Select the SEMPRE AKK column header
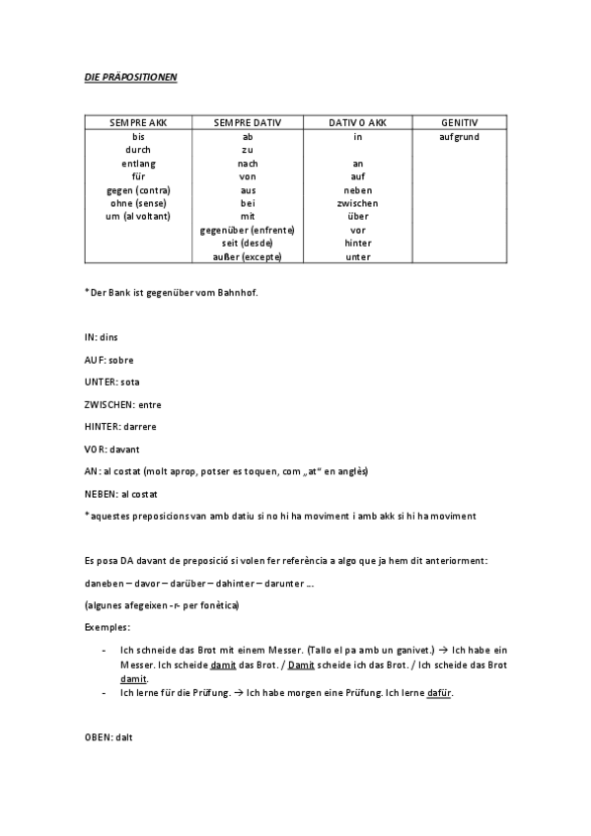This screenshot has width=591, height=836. click(x=139, y=122)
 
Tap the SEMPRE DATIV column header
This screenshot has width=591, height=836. click(x=248, y=122)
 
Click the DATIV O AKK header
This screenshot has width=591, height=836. click(x=357, y=122)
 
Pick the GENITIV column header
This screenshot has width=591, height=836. click(x=459, y=122)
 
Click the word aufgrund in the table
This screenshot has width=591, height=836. click(x=459, y=136)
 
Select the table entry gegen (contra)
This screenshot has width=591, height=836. click(x=139, y=189)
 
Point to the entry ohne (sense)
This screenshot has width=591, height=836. click(x=139, y=203)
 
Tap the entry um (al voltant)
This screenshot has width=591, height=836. click(x=139, y=216)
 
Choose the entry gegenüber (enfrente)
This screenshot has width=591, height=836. click(x=248, y=230)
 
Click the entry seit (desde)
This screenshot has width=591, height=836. click(x=248, y=243)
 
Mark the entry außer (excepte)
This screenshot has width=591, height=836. click(x=248, y=256)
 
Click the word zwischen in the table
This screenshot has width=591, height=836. click(x=357, y=203)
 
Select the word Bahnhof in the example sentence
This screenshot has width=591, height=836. click(x=239, y=292)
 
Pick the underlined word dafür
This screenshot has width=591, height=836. click(x=440, y=693)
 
